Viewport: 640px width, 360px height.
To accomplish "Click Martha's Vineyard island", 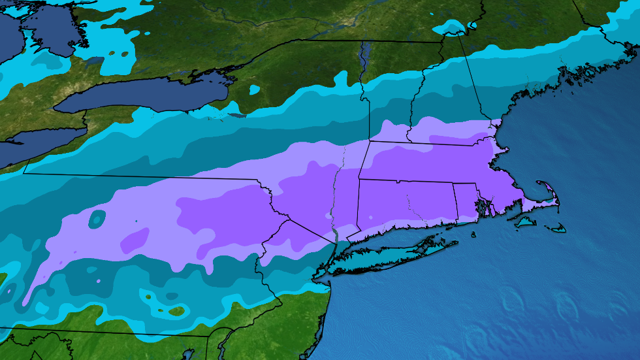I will [x=526, y=223].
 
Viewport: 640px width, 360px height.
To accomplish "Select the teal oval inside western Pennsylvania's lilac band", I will [x=97, y=220].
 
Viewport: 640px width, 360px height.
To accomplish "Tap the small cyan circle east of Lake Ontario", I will [x=254, y=88].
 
